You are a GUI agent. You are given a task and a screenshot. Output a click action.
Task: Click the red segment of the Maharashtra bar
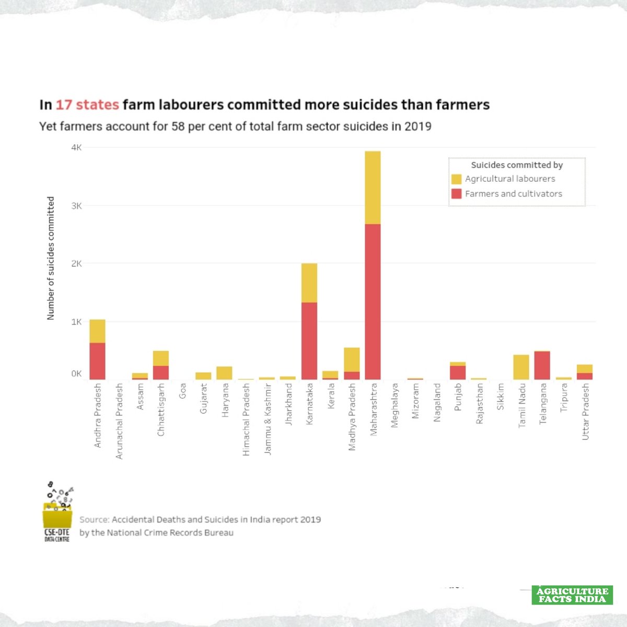point(373,301)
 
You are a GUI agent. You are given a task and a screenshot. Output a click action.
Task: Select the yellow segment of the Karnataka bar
point(309,283)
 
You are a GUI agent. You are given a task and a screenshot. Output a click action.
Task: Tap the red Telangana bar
point(542,365)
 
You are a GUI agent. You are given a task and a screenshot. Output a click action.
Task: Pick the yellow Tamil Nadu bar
point(521,367)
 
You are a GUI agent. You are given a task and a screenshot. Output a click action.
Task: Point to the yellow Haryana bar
point(224,373)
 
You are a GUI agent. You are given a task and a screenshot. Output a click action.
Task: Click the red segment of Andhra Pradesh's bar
point(97,361)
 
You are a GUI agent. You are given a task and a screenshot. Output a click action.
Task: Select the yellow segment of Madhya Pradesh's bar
point(352,359)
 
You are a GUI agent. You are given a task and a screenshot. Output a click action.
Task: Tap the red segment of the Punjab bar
point(458,372)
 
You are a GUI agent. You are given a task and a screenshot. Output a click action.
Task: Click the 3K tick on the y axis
point(76,206)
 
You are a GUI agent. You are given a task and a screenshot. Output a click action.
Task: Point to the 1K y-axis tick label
point(76,322)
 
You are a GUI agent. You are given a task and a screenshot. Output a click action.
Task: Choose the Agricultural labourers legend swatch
point(456,179)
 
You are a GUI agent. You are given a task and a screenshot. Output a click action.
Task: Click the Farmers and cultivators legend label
point(513,194)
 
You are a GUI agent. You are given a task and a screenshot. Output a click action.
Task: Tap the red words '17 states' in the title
point(87,105)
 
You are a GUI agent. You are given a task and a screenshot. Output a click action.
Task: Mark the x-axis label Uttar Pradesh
point(585,412)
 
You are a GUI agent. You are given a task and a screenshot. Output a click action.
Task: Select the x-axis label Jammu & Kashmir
point(268,419)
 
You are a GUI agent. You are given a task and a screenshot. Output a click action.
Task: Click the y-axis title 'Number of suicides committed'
point(51,258)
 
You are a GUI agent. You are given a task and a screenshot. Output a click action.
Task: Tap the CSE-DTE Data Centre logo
point(57,512)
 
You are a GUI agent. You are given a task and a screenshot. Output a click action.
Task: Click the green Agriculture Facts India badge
point(572,595)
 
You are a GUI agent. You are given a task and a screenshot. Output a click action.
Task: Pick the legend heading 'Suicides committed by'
point(517,165)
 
